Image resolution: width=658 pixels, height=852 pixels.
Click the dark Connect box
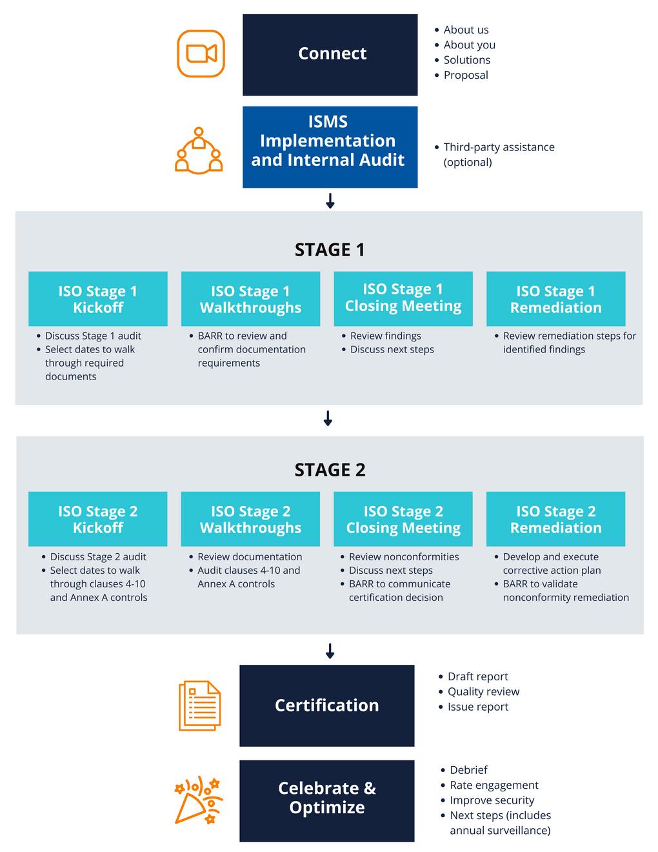330,55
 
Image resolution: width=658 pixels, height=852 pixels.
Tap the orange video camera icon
201,54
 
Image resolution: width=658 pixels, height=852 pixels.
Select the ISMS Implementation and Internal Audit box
330,147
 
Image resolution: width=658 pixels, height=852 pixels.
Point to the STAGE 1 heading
330,250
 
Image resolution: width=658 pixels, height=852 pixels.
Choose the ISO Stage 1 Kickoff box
98,299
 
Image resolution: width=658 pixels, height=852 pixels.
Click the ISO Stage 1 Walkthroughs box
250,299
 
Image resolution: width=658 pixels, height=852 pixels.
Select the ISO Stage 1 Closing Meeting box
403,299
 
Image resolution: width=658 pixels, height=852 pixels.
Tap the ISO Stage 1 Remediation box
555,299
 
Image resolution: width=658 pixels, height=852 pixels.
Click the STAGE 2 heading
330,470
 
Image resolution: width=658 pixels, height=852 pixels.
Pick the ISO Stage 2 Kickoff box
98,519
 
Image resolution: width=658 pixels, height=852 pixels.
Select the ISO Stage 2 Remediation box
555,519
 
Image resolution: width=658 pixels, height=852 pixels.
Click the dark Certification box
327,705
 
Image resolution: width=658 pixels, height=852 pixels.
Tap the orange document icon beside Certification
200,705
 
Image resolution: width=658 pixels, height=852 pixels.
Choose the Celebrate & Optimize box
327,800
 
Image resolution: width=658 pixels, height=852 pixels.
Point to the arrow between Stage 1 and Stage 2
328,418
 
